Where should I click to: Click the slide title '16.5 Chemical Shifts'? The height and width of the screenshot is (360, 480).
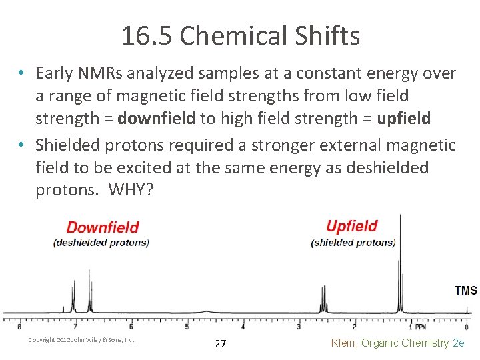(x=240, y=35)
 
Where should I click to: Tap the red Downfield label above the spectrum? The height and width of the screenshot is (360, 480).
(x=103, y=228)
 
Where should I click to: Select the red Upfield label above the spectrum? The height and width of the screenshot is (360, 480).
(x=352, y=227)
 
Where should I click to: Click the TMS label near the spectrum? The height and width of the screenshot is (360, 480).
(x=465, y=291)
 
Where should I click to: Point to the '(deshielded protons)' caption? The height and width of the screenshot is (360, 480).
(x=101, y=242)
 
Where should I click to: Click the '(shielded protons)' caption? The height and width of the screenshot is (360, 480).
(x=353, y=242)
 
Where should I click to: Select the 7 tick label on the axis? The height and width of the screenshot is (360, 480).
(x=75, y=327)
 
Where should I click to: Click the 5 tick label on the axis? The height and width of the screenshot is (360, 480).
(x=187, y=327)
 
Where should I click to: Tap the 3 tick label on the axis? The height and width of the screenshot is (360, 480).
(x=298, y=327)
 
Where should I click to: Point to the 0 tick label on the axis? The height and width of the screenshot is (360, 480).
(x=466, y=327)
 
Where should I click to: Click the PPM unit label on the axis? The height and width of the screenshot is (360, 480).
(x=421, y=327)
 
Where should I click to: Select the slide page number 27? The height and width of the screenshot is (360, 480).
(x=221, y=344)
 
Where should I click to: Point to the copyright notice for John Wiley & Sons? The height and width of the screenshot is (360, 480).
(x=81, y=340)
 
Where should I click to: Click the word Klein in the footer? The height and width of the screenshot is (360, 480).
(x=346, y=343)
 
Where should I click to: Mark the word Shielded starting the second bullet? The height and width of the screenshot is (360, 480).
(x=67, y=144)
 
